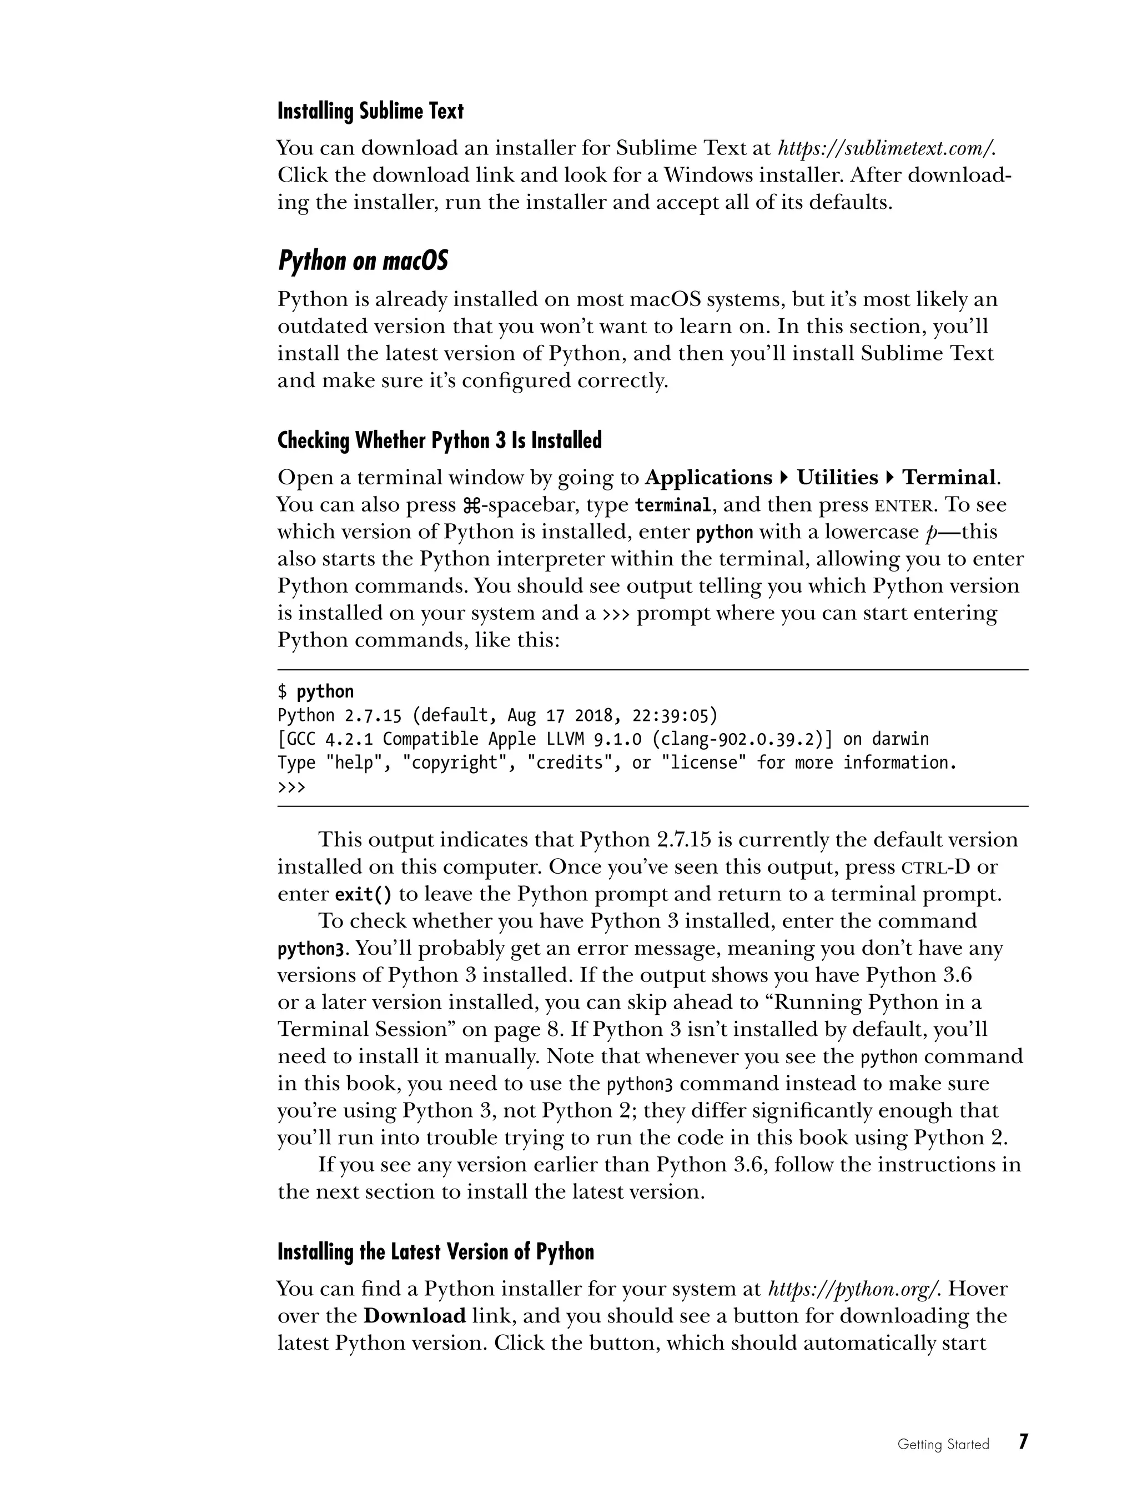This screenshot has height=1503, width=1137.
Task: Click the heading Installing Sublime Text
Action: pyautogui.click(x=370, y=112)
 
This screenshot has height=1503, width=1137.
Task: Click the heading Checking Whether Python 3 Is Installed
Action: pyautogui.click(x=440, y=441)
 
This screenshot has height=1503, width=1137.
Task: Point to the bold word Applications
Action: pyautogui.click(x=708, y=478)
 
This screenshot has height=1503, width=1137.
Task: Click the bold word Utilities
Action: pyautogui.click(x=837, y=478)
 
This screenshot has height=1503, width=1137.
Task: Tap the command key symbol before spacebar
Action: pyautogui.click(x=471, y=505)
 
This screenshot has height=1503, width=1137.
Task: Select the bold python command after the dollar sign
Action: pyautogui.click(x=325, y=692)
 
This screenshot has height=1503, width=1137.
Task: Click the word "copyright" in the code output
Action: pyautogui.click(x=452, y=763)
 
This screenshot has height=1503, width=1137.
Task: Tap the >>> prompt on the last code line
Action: pyautogui.click(x=292, y=787)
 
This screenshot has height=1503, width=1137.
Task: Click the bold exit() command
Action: pyautogui.click(x=364, y=894)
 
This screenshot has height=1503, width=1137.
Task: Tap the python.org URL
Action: pyautogui.click(x=854, y=1289)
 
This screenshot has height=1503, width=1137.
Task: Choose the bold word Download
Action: pyautogui.click(x=414, y=1316)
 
